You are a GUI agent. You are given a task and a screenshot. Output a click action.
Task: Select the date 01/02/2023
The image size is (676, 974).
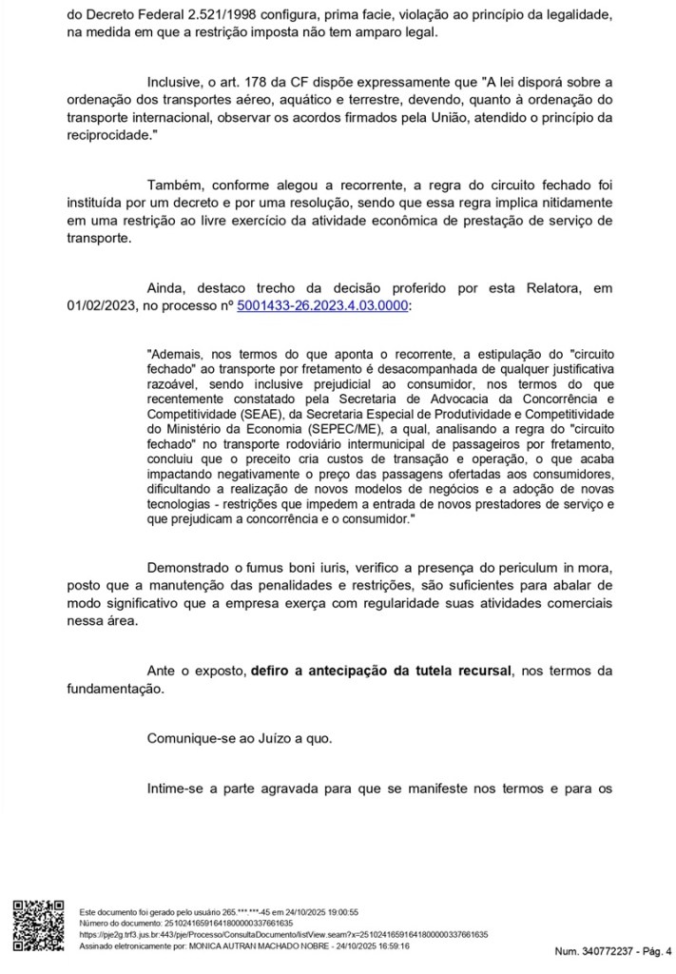(x=102, y=304)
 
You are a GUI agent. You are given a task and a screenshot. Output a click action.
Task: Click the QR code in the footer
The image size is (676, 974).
(x=37, y=924)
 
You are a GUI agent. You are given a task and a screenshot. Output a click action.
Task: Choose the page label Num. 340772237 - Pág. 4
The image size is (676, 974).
(x=612, y=950)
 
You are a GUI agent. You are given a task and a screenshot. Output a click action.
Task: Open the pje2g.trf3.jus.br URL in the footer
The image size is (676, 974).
(x=282, y=935)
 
